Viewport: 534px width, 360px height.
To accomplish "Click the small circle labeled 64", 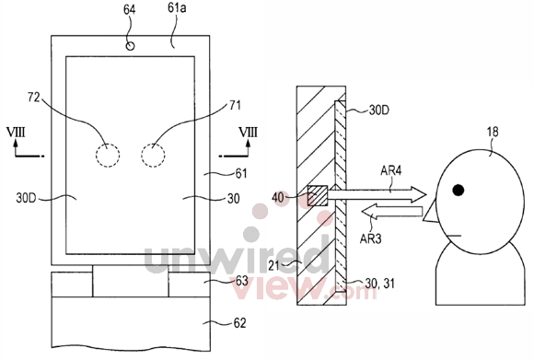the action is (x=130, y=46).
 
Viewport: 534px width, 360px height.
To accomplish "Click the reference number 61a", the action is (x=177, y=8).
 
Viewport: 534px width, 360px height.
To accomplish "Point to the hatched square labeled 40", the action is (x=318, y=195).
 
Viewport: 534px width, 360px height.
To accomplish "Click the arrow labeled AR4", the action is (x=377, y=194).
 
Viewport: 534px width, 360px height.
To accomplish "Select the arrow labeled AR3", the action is (x=391, y=212).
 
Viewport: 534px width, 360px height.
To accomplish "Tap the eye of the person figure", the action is (x=459, y=190).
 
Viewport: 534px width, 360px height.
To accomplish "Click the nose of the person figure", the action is (x=430, y=211).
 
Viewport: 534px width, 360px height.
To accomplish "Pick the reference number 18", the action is (x=492, y=132).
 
